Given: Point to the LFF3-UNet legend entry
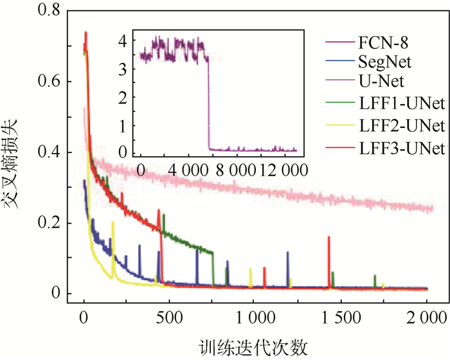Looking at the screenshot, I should coord(394,148).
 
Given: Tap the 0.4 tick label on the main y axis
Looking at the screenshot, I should coord(51,153).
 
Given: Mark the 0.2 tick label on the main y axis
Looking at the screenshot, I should coord(51,224).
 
